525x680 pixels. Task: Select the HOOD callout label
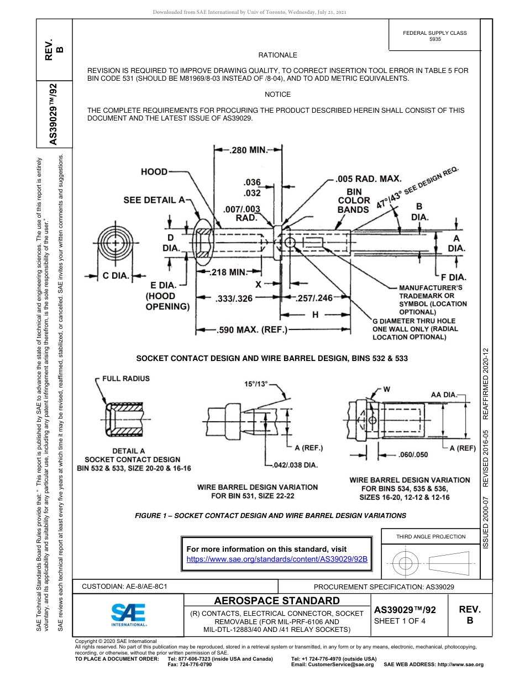(x=154, y=172)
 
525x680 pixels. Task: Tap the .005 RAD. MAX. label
(x=369, y=179)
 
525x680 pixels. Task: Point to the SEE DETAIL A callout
(x=154, y=200)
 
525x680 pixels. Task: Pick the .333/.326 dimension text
(x=233, y=299)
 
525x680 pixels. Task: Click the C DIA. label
(x=113, y=276)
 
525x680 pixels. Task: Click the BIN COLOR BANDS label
(x=353, y=200)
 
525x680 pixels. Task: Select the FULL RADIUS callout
(x=125, y=379)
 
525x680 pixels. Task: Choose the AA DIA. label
(x=444, y=394)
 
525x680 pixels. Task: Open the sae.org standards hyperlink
(x=277, y=559)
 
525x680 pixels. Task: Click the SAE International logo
(x=129, y=614)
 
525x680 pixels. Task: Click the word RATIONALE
(x=277, y=55)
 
